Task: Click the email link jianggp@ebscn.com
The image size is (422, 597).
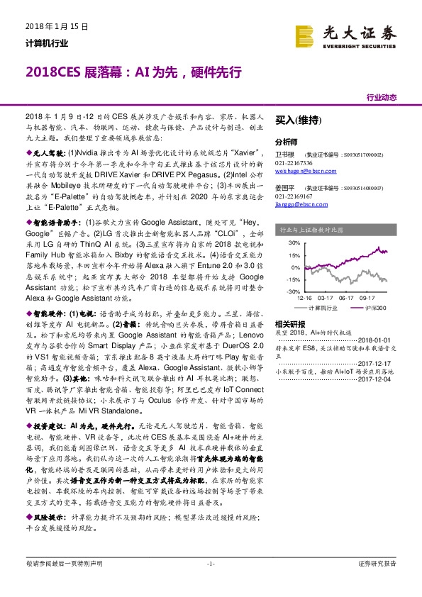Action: pos(301,206)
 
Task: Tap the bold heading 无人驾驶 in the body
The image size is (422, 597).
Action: pos(49,153)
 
